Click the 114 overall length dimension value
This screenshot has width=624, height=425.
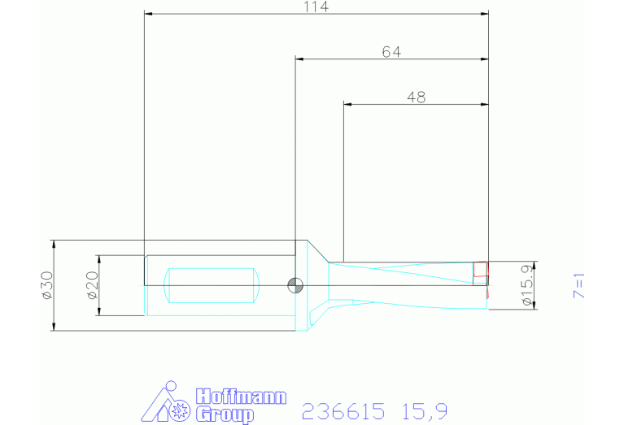pos(316,7)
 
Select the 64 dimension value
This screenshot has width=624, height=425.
pos(391,52)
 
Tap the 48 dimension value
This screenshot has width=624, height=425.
pos(417,98)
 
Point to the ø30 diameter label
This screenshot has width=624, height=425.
pos(47,285)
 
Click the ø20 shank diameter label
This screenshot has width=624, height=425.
pos(92,285)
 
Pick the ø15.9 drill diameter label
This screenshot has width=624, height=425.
pos(527,285)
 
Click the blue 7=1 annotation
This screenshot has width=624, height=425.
pos(579,286)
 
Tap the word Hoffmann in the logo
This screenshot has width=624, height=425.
pos(241,397)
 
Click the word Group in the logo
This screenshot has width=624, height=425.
pos(225,414)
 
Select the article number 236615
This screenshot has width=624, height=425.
pos(343,411)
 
